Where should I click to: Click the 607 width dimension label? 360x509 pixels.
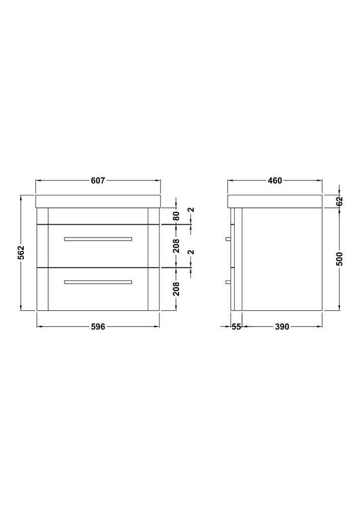tap(98, 180)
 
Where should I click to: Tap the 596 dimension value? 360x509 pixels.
tap(98, 327)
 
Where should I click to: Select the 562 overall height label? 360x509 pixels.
tap(21, 253)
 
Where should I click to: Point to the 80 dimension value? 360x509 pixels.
tap(176, 216)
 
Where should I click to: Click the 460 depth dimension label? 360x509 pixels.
tap(274, 180)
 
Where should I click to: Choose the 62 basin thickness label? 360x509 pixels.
tap(339, 201)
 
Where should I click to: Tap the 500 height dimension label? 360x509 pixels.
tap(339, 258)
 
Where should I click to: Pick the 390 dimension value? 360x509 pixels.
tap(282, 327)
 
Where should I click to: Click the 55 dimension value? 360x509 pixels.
tap(236, 327)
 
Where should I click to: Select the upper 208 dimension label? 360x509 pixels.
tap(176, 246)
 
